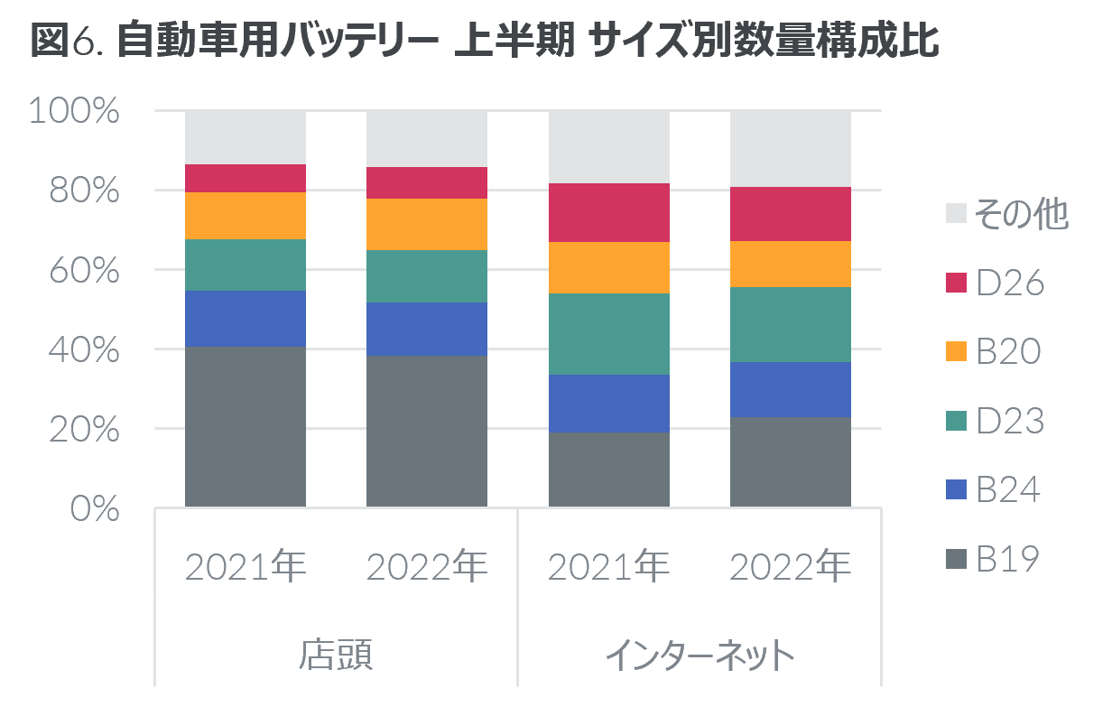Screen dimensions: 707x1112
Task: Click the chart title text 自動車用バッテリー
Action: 276,42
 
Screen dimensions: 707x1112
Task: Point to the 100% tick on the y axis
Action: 75,111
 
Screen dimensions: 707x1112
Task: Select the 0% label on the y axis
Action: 95,508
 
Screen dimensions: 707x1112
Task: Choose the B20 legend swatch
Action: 957,352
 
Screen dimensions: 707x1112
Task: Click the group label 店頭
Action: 336,654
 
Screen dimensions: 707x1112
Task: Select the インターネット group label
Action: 700,654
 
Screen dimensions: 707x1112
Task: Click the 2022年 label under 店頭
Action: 427,567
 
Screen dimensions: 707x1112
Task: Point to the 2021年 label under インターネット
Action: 608,567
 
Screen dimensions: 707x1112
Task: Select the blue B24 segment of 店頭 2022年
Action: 427,329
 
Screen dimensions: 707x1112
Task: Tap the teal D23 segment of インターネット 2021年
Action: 609,334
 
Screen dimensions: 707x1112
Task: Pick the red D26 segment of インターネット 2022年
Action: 791,214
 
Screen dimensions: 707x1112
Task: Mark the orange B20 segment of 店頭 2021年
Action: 246,216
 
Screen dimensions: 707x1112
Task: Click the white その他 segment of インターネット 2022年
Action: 791,149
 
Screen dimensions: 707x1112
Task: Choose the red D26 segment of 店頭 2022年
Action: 427,182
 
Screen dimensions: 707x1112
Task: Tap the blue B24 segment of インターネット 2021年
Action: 609,404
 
